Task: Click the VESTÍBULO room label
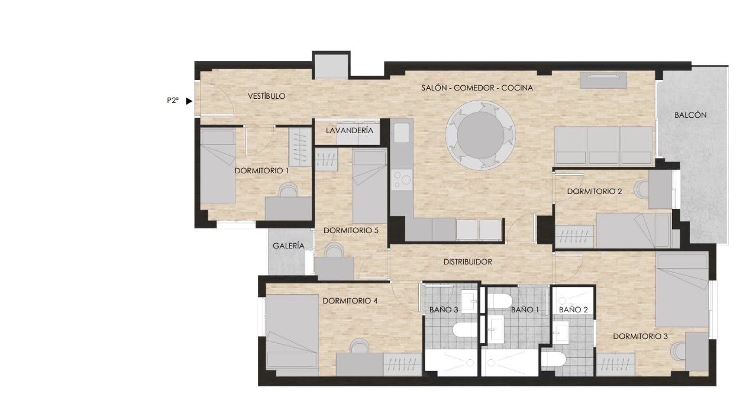[266, 96]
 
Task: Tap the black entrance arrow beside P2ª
[189, 101]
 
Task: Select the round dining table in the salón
[480, 135]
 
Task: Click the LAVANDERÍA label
[350, 130]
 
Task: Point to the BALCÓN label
[690, 115]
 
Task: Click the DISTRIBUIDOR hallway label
[467, 262]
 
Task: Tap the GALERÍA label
[289, 246]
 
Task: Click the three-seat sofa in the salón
[603, 145]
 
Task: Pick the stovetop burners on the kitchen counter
[401, 179]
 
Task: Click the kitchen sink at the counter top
[402, 133]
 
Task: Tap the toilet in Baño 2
[556, 359]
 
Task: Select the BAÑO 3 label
[443, 309]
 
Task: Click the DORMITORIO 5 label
[351, 231]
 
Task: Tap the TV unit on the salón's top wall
[603, 80]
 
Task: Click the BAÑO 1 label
[525, 309]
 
